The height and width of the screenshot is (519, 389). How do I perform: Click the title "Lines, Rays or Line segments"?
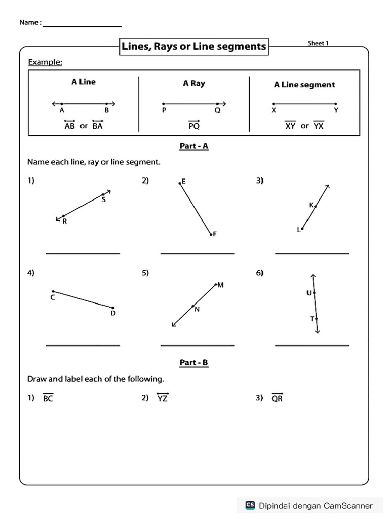click(x=193, y=47)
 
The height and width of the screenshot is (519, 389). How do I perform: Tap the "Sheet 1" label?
click(x=318, y=43)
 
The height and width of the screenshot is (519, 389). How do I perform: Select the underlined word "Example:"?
click(x=45, y=62)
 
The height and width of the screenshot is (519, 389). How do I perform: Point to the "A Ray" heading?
click(x=194, y=84)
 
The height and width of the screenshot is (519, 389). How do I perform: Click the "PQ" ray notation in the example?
click(x=193, y=125)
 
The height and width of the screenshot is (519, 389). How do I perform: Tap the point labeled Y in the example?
click(x=336, y=110)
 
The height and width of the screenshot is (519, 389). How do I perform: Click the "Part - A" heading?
click(x=194, y=146)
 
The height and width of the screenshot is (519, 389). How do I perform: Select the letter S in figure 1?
click(x=103, y=200)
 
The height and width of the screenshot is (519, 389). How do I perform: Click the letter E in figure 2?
click(x=183, y=181)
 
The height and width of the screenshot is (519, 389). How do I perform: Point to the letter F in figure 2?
click(x=215, y=234)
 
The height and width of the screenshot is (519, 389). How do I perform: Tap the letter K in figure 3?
click(x=311, y=205)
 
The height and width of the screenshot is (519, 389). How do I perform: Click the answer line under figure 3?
click(x=312, y=253)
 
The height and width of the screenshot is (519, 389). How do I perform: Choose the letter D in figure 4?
click(x=113, y=313)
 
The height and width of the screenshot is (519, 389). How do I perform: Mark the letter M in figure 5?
click(x=220, y=285)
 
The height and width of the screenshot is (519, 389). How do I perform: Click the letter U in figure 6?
click(x=308, y=292)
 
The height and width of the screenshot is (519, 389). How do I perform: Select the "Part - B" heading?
click(x=194, y=362)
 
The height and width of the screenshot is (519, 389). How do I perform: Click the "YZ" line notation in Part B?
click(x=163, y=398)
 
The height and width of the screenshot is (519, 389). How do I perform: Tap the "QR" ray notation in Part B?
click(x=277, y=398)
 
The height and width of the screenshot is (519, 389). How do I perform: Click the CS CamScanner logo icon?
click(x=250, y=505)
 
